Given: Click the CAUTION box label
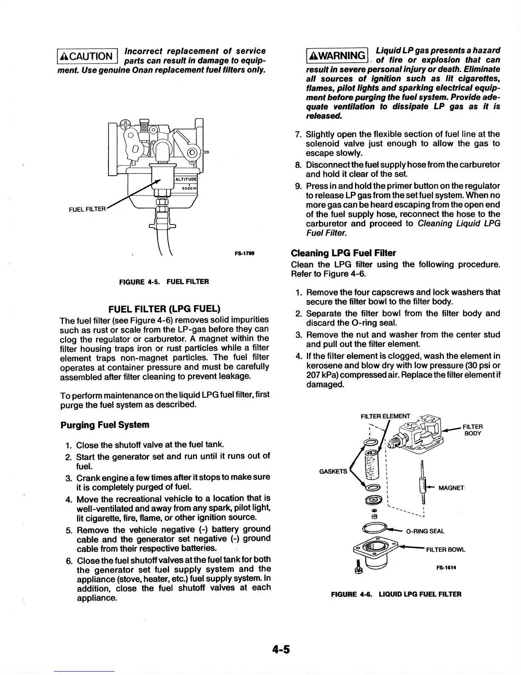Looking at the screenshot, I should pyautogui.click(x=86, y=56).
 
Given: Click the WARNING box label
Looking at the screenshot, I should pyautogui.click(x=337, y=56).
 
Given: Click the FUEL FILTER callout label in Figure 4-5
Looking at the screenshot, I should pyautogui.click(x=87, y=209).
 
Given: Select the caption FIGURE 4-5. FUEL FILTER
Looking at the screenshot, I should pyautogui.click(x=164, y=282).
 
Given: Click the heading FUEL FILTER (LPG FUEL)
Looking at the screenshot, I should pyautogui.click(x=164, y=309).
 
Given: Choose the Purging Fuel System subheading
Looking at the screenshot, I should pyautogui.click(x=105, y=425).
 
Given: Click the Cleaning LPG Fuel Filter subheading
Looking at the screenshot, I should pyautogui.click(x=343, y=253).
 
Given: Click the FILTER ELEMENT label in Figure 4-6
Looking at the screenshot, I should pyautogui.click(x=385, y=416).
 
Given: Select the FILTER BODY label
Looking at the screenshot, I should pyautogui.click(x=472, y=430).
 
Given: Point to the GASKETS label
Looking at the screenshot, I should pyautogui.click(x=333, y=472).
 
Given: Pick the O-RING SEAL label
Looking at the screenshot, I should pyautogui.click(x=425, y=531).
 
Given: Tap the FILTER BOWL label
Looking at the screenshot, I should pyautogui.click(x=445, y=549).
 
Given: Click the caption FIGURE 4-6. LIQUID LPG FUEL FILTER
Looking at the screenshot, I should pyautogui.click(x=396, y=594).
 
